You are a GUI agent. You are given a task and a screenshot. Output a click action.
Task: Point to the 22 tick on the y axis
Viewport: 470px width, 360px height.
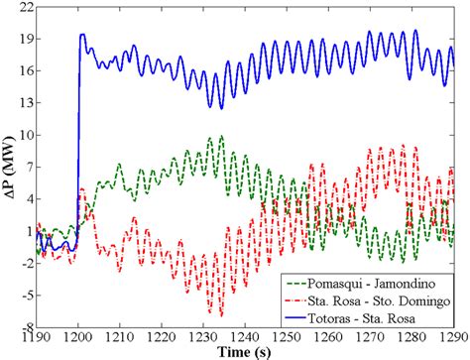21,7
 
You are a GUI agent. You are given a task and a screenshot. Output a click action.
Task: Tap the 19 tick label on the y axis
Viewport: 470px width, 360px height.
21,39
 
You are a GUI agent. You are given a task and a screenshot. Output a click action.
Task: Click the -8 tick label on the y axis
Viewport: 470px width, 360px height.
23,326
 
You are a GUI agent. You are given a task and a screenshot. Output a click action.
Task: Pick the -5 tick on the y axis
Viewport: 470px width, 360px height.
23,295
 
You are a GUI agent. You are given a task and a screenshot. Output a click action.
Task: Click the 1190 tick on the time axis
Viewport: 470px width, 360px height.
37,337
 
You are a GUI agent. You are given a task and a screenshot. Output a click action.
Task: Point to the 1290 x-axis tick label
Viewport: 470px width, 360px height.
452,337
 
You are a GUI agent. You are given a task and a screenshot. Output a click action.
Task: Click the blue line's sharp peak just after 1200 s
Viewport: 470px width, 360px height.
82,35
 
